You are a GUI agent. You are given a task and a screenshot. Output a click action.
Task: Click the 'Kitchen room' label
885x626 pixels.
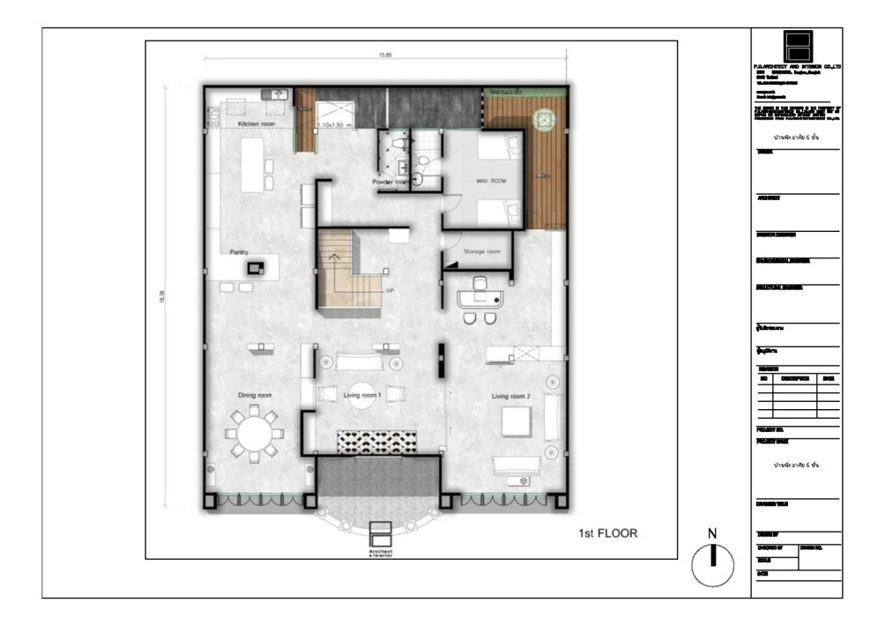[255, 125]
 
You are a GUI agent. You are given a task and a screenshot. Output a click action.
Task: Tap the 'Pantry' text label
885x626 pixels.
[239, 251]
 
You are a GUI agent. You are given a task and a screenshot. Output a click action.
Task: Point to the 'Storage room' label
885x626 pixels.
[481, 251]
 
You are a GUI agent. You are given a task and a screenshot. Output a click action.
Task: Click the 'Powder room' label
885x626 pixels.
[390, 182]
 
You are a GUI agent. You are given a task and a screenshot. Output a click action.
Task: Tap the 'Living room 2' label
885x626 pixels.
[512, 395]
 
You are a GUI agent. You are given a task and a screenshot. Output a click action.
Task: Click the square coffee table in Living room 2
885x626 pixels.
[516, 422]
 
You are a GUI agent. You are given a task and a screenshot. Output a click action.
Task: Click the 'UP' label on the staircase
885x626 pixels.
[389, 290]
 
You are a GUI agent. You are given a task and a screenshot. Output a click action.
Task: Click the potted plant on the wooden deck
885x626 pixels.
[545, 117]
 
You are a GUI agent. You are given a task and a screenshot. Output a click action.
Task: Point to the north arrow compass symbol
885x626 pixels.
[713, 564]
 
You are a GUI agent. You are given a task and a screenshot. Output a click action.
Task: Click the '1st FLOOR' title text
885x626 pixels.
[607, 533]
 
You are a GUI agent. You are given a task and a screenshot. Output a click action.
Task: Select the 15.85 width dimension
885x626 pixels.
[385, 55]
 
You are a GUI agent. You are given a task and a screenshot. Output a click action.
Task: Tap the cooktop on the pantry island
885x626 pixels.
[257, 267]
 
